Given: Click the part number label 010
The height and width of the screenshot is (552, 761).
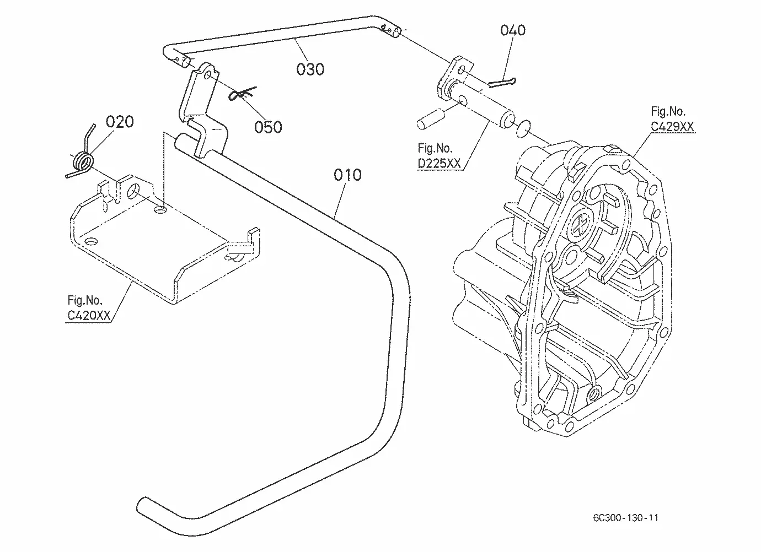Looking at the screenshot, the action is [347, 175].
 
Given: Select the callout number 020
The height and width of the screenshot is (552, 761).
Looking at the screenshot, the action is [120, 122].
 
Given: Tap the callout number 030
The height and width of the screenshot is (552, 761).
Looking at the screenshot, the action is [310, 69].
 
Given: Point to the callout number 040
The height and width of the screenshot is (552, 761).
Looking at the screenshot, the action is [513, 30].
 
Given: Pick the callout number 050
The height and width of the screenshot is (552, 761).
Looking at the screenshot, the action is [268, 127].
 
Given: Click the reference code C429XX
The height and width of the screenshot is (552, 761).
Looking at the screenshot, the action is [672, 127].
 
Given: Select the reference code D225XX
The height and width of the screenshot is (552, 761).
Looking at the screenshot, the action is [439, 164].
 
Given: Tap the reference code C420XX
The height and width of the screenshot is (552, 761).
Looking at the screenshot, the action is [89, 316].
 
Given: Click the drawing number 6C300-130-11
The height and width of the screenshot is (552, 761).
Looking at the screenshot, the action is [625, 518].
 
